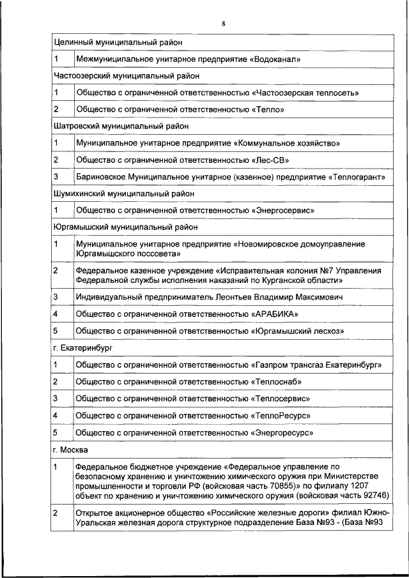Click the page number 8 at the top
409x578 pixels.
pos(224,24)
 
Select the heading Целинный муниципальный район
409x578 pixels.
pos(118,42)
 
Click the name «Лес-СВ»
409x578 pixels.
pos(272,160)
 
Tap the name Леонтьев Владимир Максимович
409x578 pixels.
pos(281,297)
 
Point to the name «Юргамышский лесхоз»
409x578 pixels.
pos(298,331)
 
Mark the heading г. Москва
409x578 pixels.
pos(70,448)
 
